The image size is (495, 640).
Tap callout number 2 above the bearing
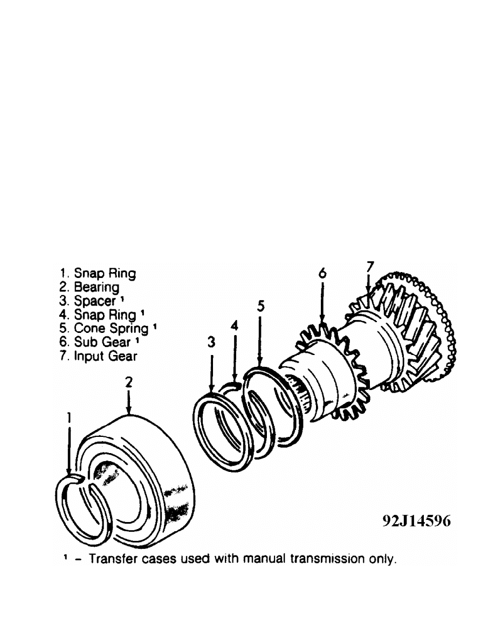128,382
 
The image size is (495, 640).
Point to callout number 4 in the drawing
235,327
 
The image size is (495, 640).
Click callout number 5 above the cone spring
260,306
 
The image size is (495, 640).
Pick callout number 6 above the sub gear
322,273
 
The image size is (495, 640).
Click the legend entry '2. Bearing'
91,287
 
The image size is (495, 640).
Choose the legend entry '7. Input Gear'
99,356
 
